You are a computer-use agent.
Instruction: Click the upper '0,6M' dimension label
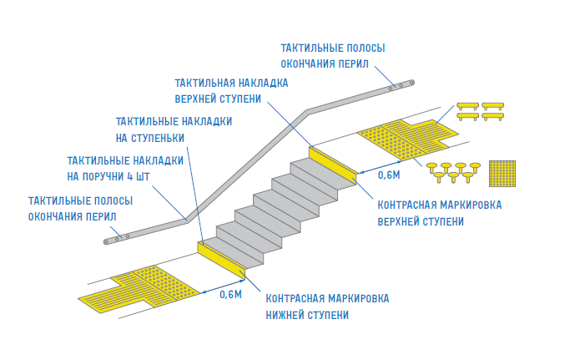click(389, 175)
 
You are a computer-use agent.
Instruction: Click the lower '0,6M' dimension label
click(230, 293)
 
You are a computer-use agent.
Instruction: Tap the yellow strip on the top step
click(332, 162)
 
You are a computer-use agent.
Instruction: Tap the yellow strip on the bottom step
click(220, 258)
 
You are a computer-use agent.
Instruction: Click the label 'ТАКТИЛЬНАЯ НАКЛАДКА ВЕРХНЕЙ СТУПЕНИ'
click(231, 90)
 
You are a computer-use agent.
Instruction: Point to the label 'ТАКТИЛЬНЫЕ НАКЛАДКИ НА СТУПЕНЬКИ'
click(174, 129)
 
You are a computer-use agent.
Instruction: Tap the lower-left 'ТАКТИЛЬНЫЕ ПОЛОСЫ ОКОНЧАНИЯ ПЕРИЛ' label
click(80, 208)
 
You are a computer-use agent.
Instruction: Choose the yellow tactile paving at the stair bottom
click(146, 287)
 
